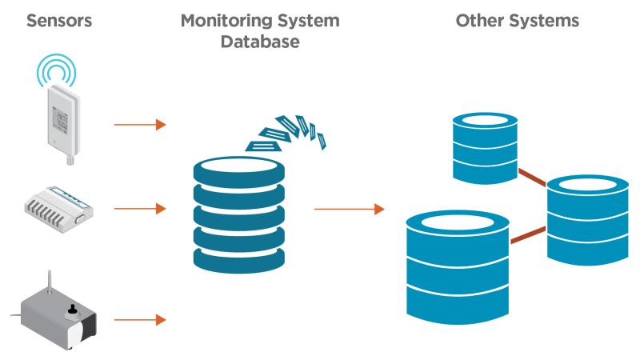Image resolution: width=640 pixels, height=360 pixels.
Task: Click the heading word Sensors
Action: tap(59, 22)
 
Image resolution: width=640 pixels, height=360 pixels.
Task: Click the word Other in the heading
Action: tap(480, 22)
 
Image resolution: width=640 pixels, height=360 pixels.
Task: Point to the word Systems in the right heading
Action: tap(546, 22)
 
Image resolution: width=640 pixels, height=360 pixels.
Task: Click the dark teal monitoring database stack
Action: tap(240, 212)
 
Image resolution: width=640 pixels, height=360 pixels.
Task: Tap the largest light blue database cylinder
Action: tap(457, 264)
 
